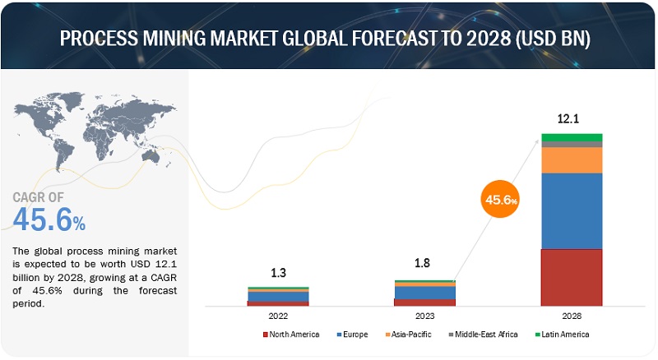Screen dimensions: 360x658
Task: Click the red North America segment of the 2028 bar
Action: (572, 277)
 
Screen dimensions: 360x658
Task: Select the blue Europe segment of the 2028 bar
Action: (572, 210)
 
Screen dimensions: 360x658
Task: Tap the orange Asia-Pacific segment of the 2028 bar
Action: (572, 159)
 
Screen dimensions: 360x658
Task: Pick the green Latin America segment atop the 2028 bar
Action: (572, 137)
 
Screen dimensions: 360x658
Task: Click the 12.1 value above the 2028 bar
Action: (568, 119)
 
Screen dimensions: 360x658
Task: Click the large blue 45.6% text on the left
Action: (49, 220)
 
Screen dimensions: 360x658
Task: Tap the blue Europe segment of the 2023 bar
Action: (424, 293)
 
